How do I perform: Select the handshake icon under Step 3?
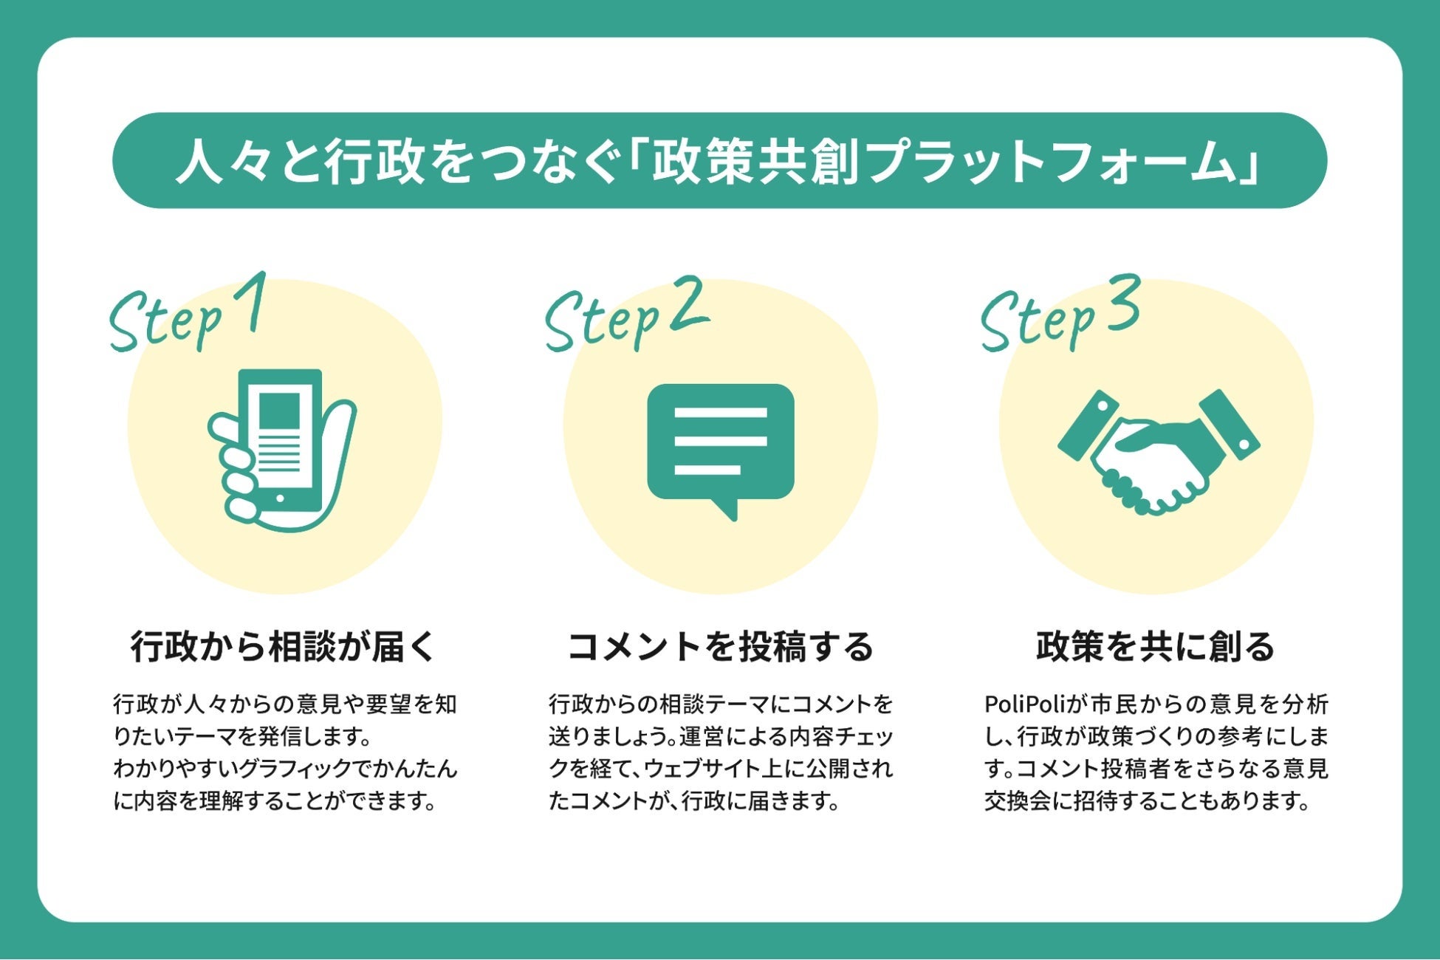1158,452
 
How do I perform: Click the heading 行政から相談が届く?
283,647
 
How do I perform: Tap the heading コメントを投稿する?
720,647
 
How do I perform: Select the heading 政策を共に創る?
1156,647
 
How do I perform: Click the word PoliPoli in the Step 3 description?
1022,704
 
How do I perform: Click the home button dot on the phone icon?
279,498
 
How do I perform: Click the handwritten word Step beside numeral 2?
603,322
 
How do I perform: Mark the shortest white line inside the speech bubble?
707,470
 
